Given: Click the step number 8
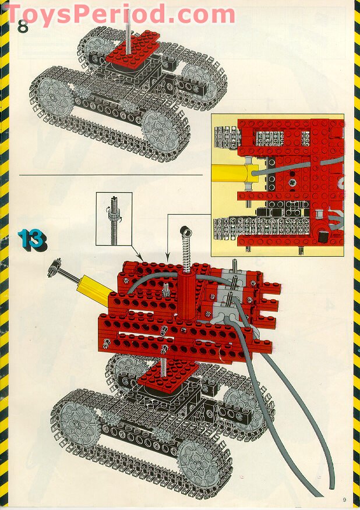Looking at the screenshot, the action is [x=23, y=26].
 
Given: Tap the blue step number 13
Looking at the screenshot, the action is [x=32, y=240].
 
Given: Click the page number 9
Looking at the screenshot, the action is [x=344, y=500].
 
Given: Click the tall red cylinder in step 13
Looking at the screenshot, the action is [x=186, y=296].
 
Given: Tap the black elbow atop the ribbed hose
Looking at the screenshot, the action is [x=185, y=231].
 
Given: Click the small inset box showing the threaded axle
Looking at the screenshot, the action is [x=114, y=218].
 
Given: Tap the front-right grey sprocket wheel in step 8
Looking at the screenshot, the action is [x=161, y=130].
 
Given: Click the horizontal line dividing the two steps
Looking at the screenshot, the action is [x=111, y=175].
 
